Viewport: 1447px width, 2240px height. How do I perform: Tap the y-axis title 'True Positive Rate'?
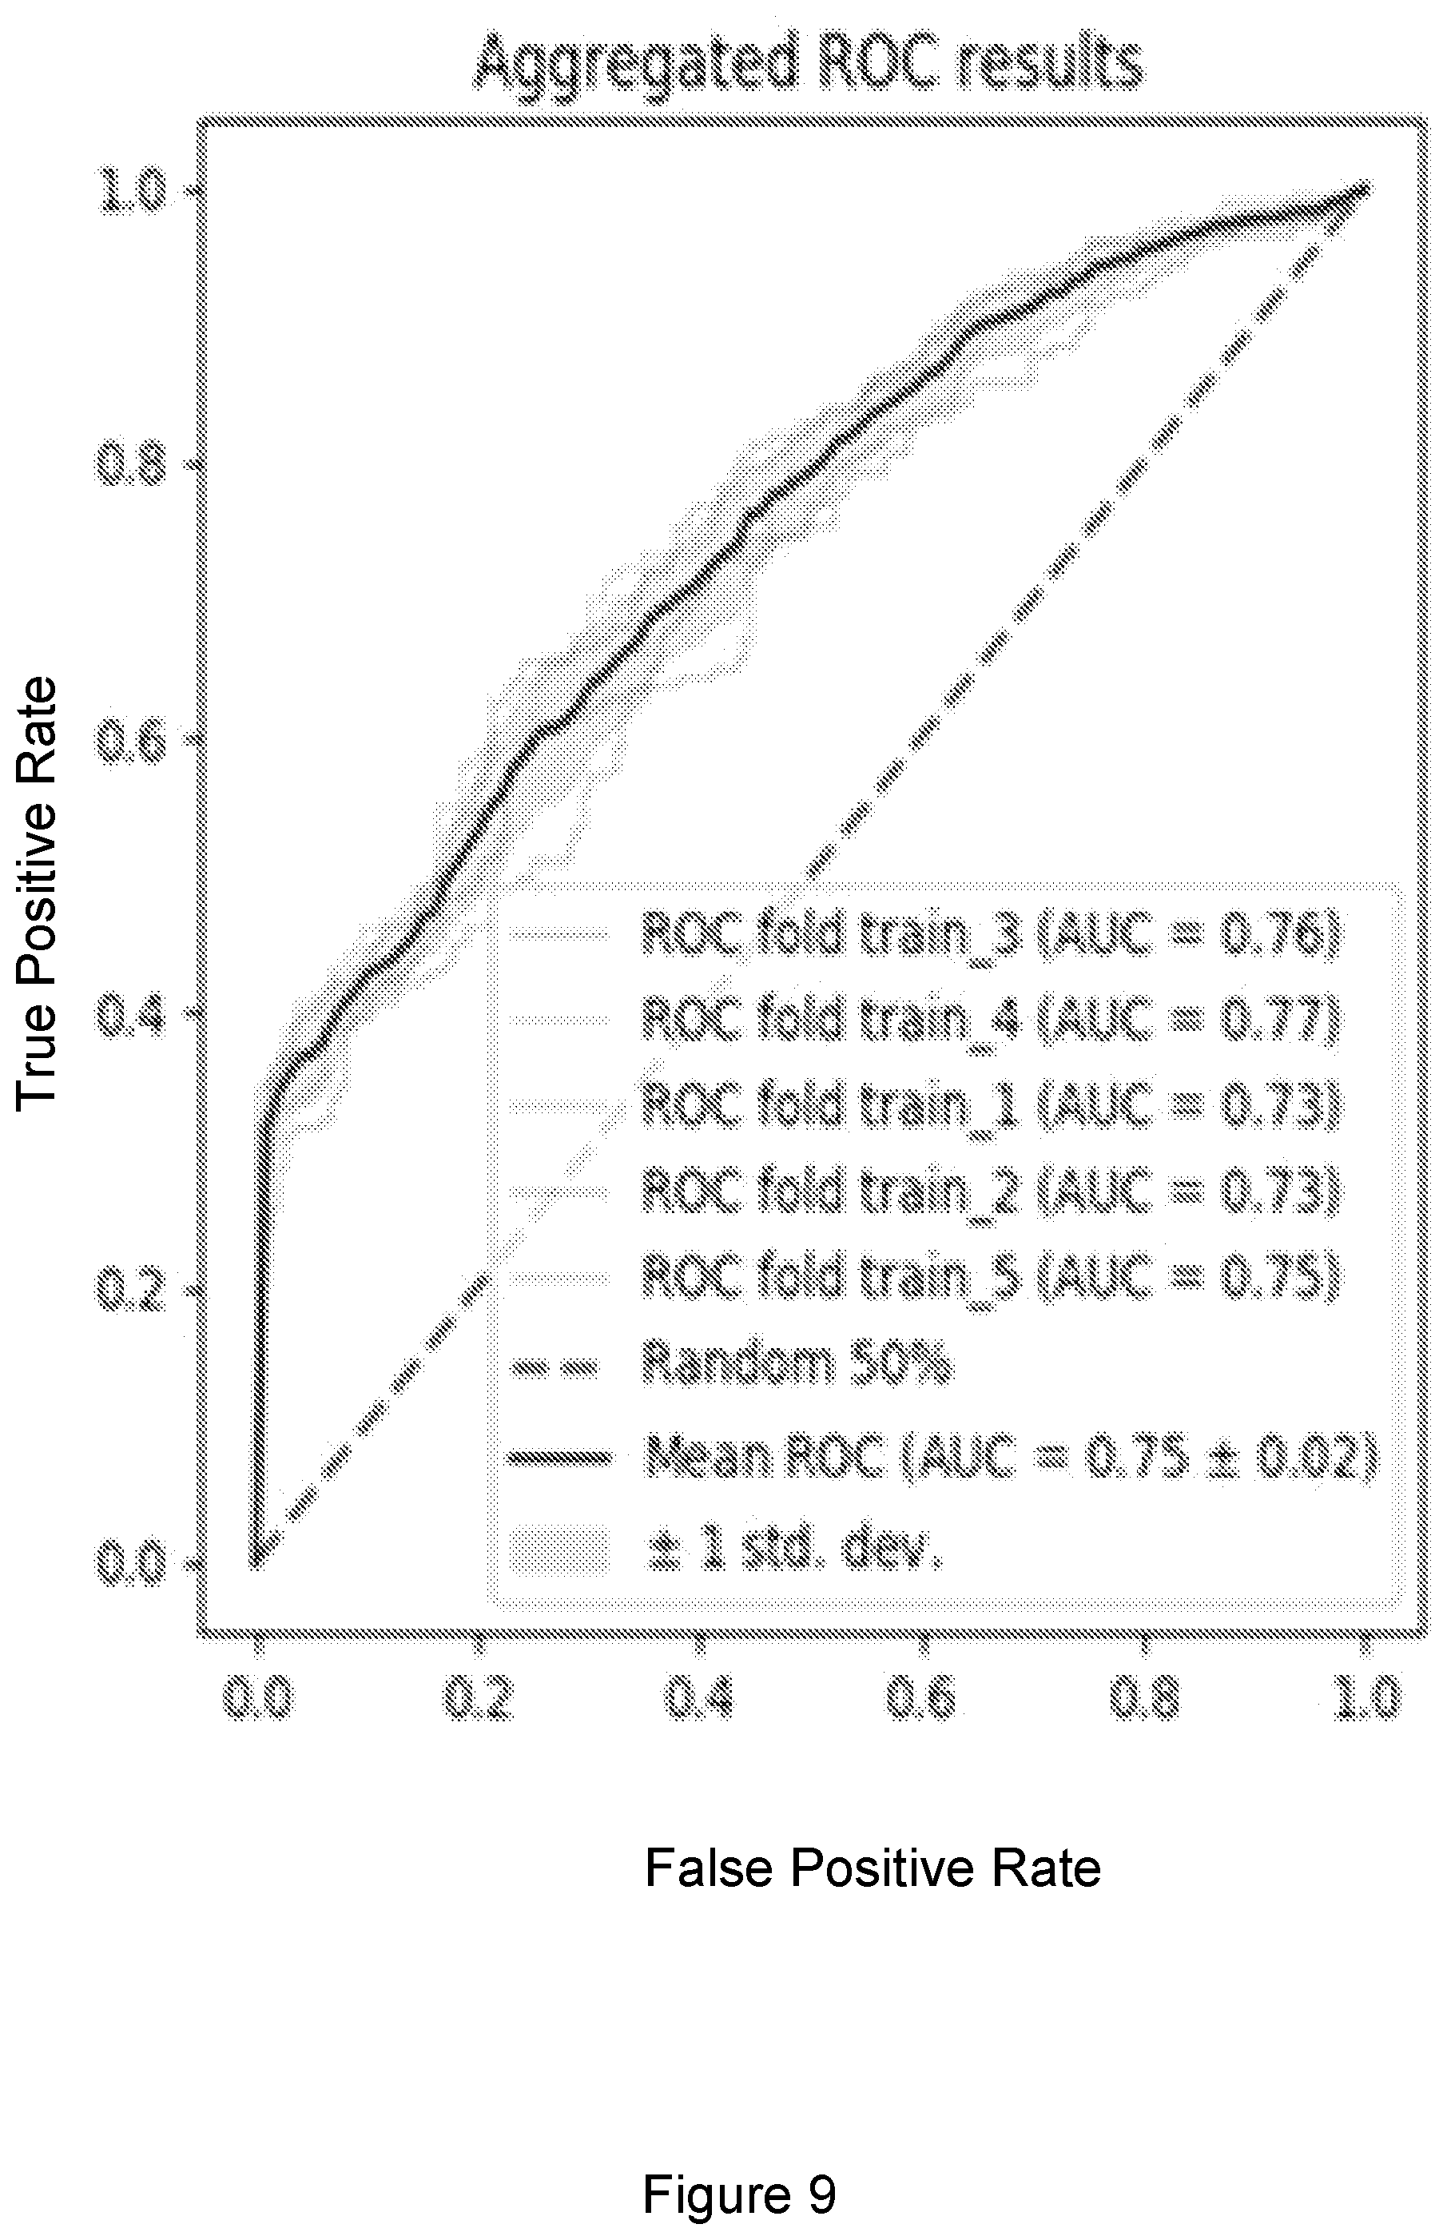coord(38,893)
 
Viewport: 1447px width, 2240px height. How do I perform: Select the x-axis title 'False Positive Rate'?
coord(872,1867)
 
